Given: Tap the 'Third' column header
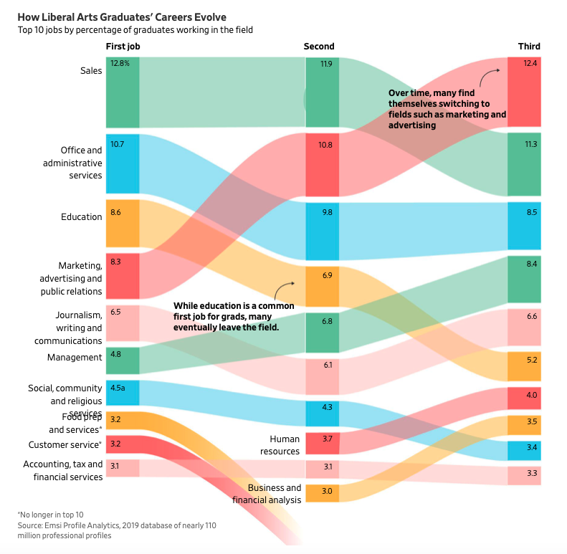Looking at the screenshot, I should (x=529, y=47).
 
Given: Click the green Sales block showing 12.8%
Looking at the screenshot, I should (x=123, y=92).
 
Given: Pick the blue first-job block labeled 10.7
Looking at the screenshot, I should (x=123, y=163).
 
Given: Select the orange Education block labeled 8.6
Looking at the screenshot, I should (x=123, y=224).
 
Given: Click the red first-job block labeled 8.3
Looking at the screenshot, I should (x=123, y=275).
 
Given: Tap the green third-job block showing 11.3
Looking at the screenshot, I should (x=524, y=164).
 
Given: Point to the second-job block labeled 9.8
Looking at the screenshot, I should (x=322, y=231).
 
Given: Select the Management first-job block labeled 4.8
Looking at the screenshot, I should (x=123, y=360).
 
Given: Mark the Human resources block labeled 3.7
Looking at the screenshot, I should (x=322, y=443).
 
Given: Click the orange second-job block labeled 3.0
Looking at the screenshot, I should (x=322, y=493).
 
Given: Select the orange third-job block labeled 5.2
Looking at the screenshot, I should (x=524, y=366).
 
